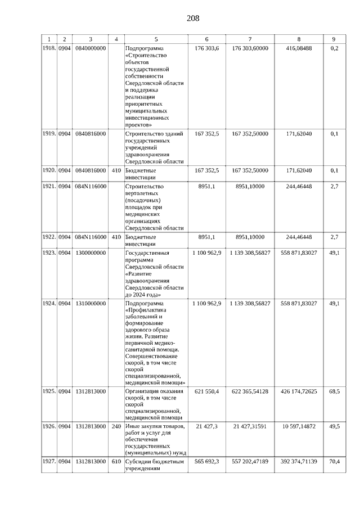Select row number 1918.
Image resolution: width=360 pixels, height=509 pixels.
point(49,48)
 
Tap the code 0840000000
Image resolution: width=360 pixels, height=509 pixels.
point(90,48)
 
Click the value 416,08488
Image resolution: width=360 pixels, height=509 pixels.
point(299,48)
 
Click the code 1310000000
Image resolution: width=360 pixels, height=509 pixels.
point(90,303)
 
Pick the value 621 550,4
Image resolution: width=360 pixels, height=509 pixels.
point(207,391)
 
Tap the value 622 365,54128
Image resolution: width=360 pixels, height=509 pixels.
point(250,391)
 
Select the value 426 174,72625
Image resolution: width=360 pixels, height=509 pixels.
point(299,391)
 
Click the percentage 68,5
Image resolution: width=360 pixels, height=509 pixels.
point(334,391)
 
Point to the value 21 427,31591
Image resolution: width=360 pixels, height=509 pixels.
point(250,426)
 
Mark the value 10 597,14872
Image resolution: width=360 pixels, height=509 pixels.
point(299,426)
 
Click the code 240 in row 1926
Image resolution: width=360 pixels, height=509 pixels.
point(116,426)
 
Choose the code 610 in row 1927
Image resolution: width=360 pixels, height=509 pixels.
point(116,461)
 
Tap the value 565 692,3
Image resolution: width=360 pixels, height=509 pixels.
point(207,461)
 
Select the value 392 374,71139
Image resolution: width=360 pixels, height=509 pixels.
point(299,461)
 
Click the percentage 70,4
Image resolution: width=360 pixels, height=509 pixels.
point(334,461)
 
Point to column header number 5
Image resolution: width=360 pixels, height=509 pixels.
point(156,39)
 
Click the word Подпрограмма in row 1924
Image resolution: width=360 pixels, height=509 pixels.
point(145,303)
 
